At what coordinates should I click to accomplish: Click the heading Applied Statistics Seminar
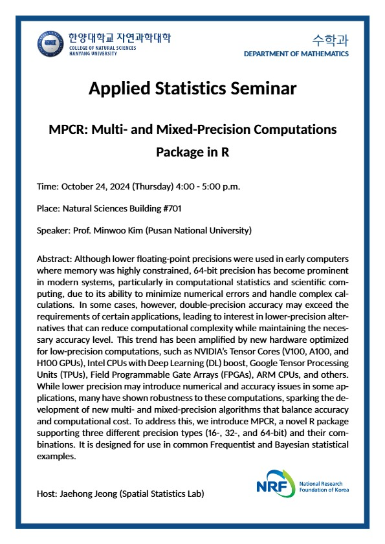point(192,88)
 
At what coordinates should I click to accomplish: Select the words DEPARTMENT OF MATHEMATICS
point(296,54)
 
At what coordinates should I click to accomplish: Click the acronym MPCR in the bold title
point(69,129)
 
